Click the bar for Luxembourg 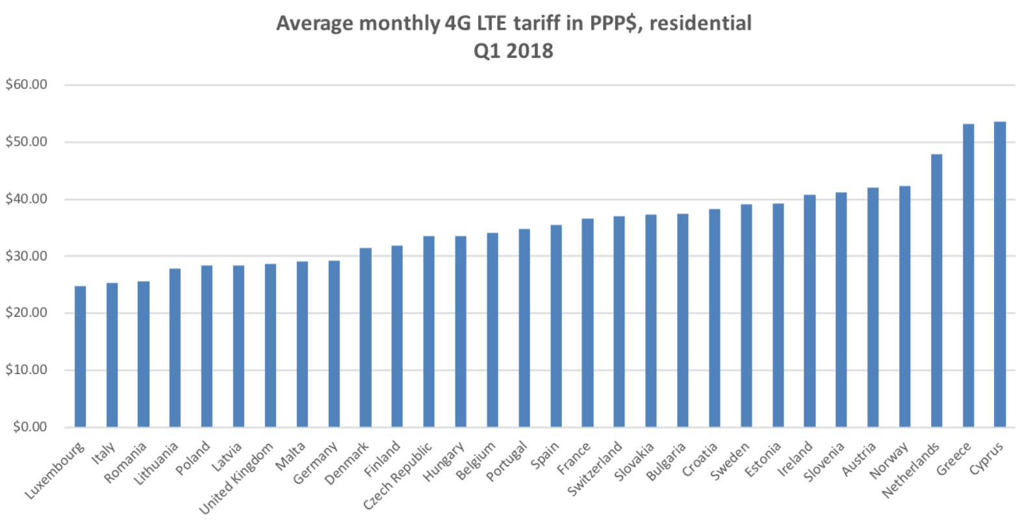click(x=81, y=356)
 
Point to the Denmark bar click(x=366, y=337)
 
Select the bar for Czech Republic click(x=429, y=331)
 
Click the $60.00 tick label click(x=27, y=84)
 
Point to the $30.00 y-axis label click(x=27, y=256)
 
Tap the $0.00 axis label click(x=30, y=427)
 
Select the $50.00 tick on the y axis click(x=27, y=142)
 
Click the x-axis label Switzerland click(x=595, y=468)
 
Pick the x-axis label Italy click(x=104, y=453)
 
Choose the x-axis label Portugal click(x=507, y=462)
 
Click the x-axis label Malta click(x=290, y=456)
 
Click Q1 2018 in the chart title click(x=513, y=51)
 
